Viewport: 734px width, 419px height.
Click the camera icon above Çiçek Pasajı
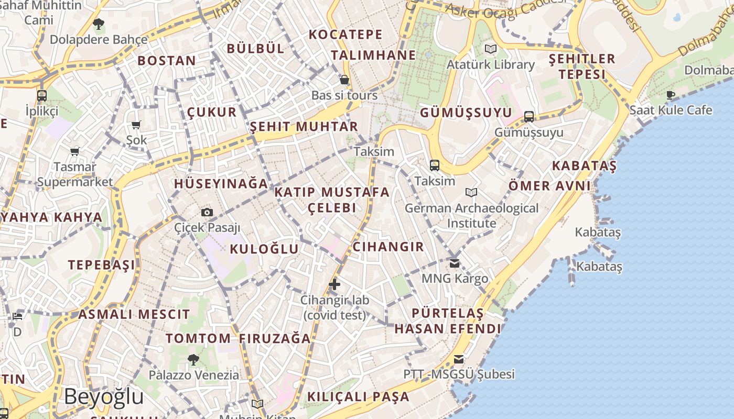(207, 212)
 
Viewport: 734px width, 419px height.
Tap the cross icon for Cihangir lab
(334, 284)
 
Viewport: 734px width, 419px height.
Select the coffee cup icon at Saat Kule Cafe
(670, 95)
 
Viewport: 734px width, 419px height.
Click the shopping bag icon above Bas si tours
(344, 80)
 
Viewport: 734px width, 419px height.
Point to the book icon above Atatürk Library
(491, 49)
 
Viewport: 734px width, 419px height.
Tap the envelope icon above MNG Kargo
(455, 263)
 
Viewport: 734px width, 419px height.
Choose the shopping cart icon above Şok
(136, 125)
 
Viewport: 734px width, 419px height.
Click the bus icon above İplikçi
(42, 96)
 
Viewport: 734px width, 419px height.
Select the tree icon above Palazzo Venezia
(193, 359)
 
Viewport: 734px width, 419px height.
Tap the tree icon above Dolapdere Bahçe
(98, 24)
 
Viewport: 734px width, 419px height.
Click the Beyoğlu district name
(104, 397)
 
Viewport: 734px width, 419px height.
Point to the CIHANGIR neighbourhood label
(388, 247)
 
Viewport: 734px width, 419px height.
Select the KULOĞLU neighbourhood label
(264, 249)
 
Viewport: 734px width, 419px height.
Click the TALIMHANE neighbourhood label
(373, 56)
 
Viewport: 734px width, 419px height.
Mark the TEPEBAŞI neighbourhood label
(101, 265)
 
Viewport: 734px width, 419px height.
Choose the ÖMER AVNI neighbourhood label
(549, 185)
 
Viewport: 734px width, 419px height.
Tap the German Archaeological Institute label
(471, 215)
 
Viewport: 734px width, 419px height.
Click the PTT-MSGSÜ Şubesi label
(459, 374)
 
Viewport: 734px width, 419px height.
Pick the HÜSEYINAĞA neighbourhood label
(221, 184)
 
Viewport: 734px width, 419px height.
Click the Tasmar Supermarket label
(75, 174)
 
